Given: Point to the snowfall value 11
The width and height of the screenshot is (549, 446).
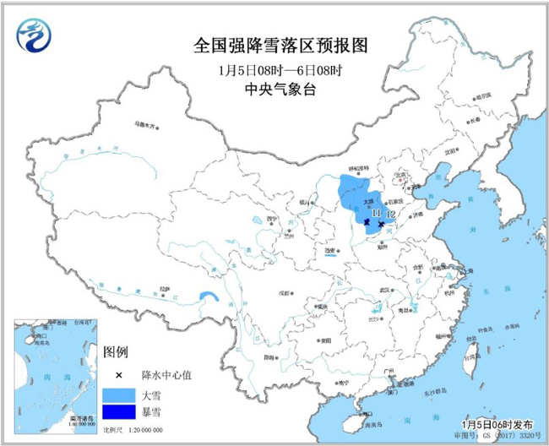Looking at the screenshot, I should (376, 214).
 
